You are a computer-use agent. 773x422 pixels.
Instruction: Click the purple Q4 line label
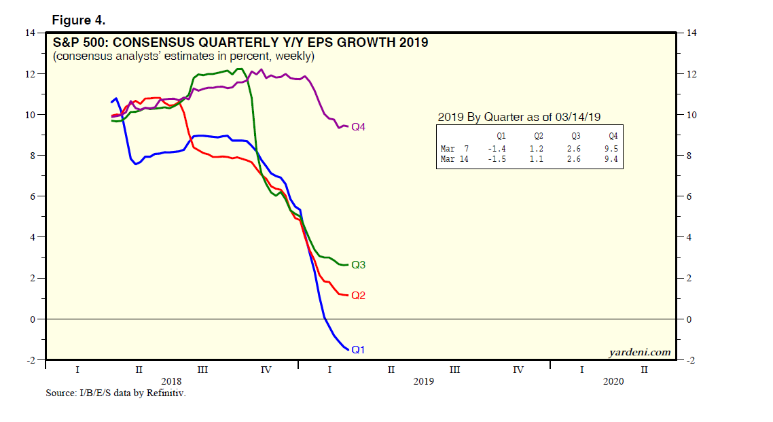(x=359, y=127)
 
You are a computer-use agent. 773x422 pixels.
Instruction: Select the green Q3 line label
(x=359, y=264)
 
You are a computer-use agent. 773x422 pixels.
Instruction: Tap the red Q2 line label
(x=359, y=296)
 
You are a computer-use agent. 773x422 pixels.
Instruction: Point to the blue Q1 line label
(x=359, y=349)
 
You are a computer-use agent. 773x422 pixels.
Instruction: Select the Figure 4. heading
(x=79, y=20)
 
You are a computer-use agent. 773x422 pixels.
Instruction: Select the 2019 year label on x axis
(x=423, y=381)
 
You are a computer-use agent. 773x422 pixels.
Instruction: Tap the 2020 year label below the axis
(x=613, y=381)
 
